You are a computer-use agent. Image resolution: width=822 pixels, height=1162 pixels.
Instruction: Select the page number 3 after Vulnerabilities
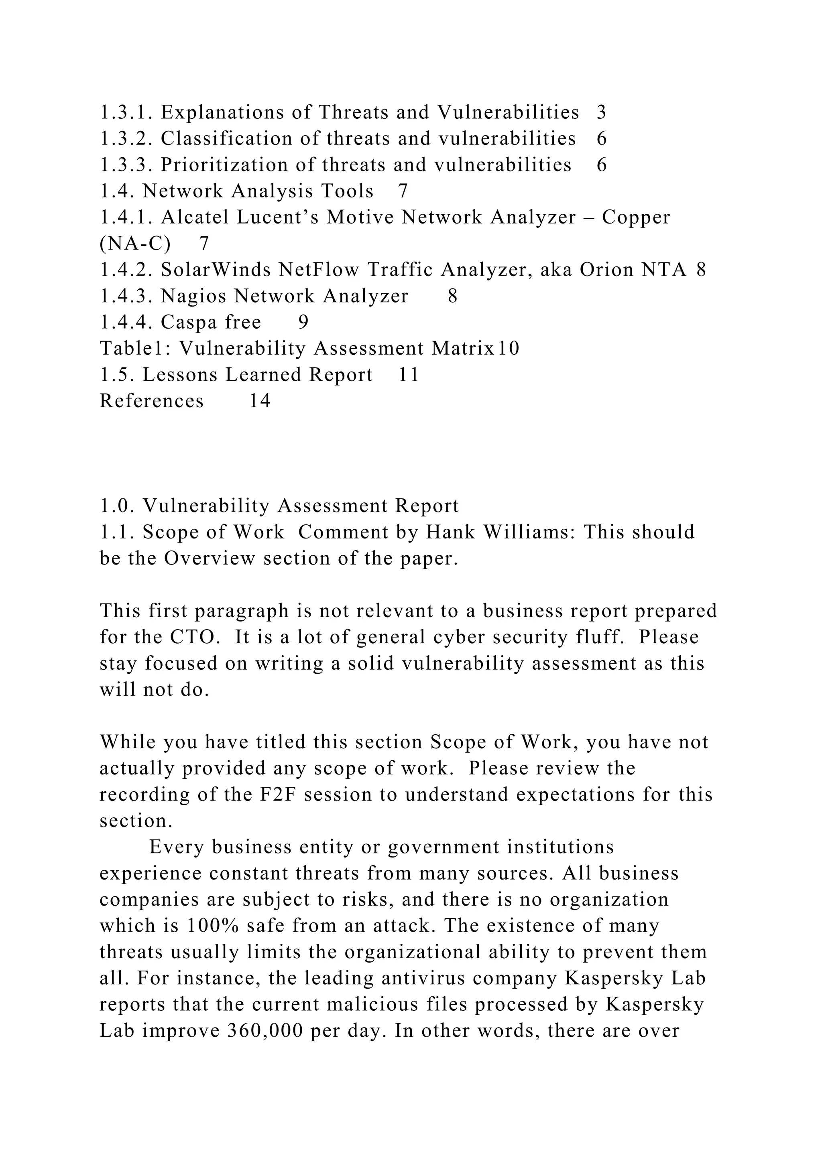(x=601, y=112)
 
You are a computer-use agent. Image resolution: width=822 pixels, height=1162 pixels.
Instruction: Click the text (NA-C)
(x=134, y=244)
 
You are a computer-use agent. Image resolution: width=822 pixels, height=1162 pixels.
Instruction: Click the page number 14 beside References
(x=260, y=401)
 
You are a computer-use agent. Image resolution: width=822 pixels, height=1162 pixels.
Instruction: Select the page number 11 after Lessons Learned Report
(x=409, y=375)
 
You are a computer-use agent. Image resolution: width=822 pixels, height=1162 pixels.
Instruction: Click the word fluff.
(x=599, y=637)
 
